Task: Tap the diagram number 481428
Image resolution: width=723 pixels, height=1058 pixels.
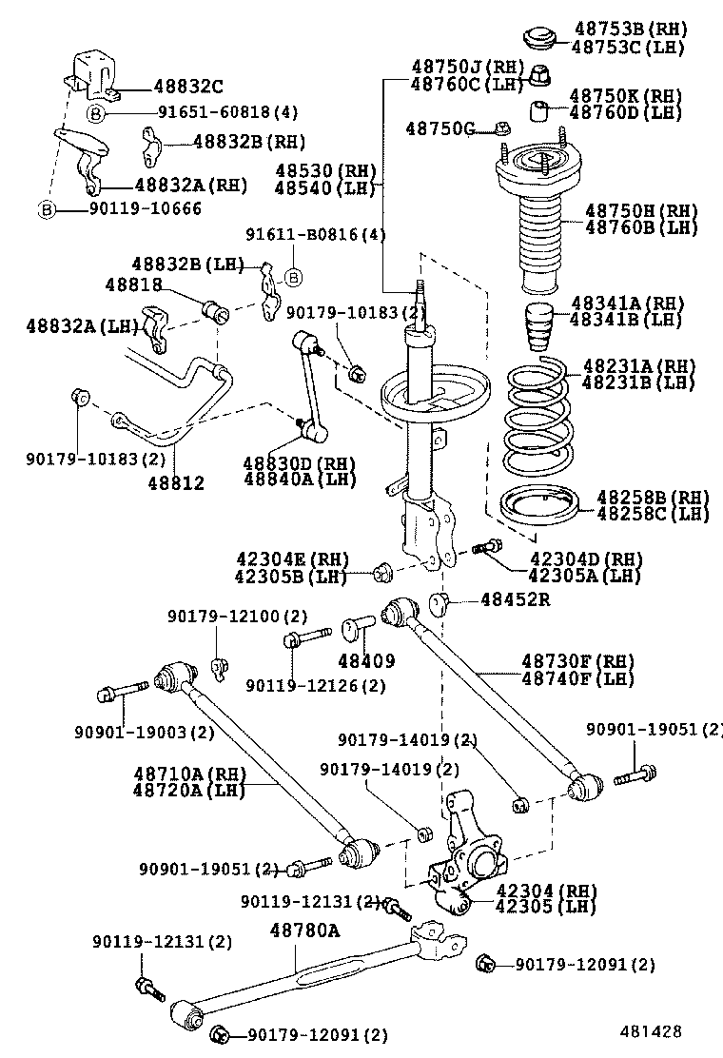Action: pos(652,1030)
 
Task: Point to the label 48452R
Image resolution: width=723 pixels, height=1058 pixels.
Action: pos(515,599)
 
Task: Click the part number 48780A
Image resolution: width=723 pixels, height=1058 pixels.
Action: pos(304,930)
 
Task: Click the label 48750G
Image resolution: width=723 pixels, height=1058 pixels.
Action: pos(440,128)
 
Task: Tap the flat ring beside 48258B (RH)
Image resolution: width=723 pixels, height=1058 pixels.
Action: pos(538,506)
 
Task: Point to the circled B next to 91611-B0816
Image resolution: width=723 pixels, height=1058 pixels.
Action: pos(294,278)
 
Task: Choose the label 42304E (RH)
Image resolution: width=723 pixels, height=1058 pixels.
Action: pos(292,558)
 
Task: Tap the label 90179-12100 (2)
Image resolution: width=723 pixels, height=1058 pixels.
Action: pos(238,617)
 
